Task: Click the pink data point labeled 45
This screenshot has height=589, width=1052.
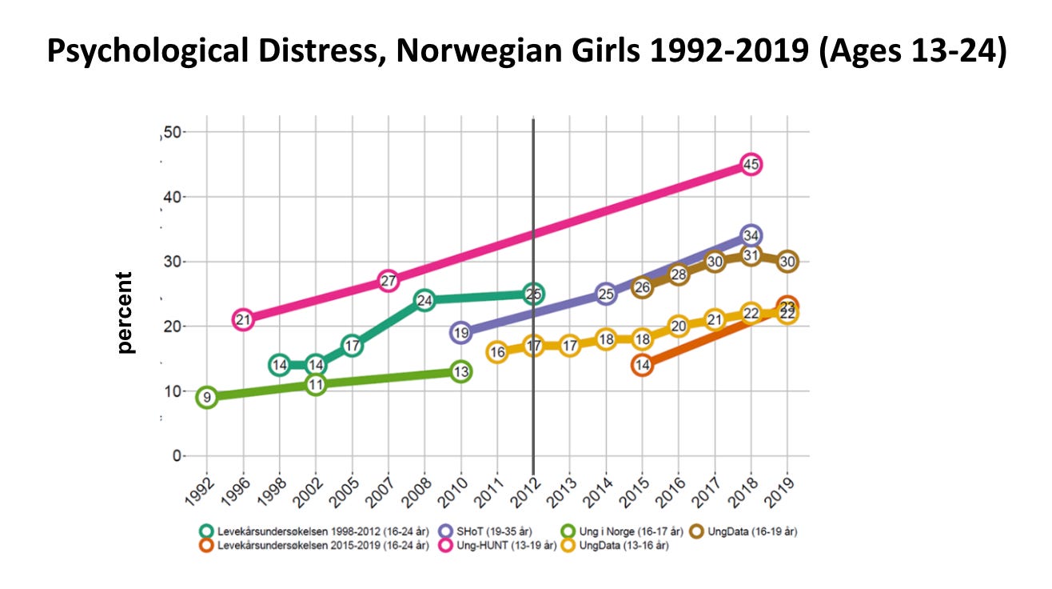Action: click(750, 165)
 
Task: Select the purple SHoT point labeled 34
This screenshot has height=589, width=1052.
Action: click(750, 236)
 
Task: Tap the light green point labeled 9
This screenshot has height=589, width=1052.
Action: click(207, 398)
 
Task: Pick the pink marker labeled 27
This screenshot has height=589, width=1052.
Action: click(388, 281)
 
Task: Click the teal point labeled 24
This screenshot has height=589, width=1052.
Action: click(424, 301)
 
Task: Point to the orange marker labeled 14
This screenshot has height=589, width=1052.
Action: click(642, 365)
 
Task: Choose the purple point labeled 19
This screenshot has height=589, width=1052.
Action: click(460, 333)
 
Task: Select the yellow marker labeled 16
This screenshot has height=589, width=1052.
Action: click(497, 352)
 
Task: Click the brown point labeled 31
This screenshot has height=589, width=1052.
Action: click(750, 255)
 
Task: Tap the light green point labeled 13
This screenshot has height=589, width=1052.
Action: click(460, 371)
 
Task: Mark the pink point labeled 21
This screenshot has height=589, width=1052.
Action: click(244, 320)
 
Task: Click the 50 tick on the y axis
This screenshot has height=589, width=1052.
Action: click(172, 132)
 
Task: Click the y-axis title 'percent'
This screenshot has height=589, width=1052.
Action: click(125, 312)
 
